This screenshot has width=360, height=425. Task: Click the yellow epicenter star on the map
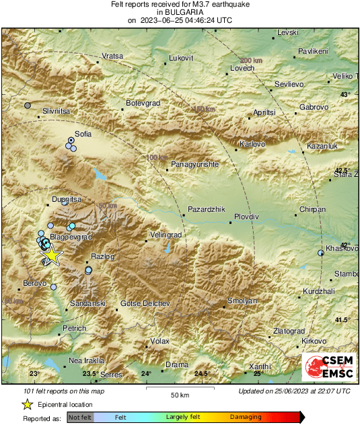pyautogui.click(x=52, y=256)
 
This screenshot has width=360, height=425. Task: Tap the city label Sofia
pyautogui.click(x=83, y=134)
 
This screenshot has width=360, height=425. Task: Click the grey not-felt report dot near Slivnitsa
pyautogui.click(x=28, y=106)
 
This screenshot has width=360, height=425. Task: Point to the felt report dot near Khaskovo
pyautogui.click(x=320, y=253)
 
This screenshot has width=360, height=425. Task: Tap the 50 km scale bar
pyautogui.click(x=178, y=389)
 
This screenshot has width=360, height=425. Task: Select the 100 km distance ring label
pyautogui.click(x=156, y=157)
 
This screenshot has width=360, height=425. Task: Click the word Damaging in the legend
pyautogui.click(x=246, y=417)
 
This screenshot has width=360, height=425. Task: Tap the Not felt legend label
pyautogui.click(x=81, y=417)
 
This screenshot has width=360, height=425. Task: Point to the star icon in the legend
pyautogui.click(x=27, y=404)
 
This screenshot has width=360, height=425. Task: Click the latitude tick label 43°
pyautogui.click(x=345, y=95)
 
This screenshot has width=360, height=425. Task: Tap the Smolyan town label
pyautogui.click(x=243, y=301)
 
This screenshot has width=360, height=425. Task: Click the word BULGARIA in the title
pyautogui.click(x=180, y=12)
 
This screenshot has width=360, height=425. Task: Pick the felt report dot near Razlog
pyautogui.click(x=88, y=270)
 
